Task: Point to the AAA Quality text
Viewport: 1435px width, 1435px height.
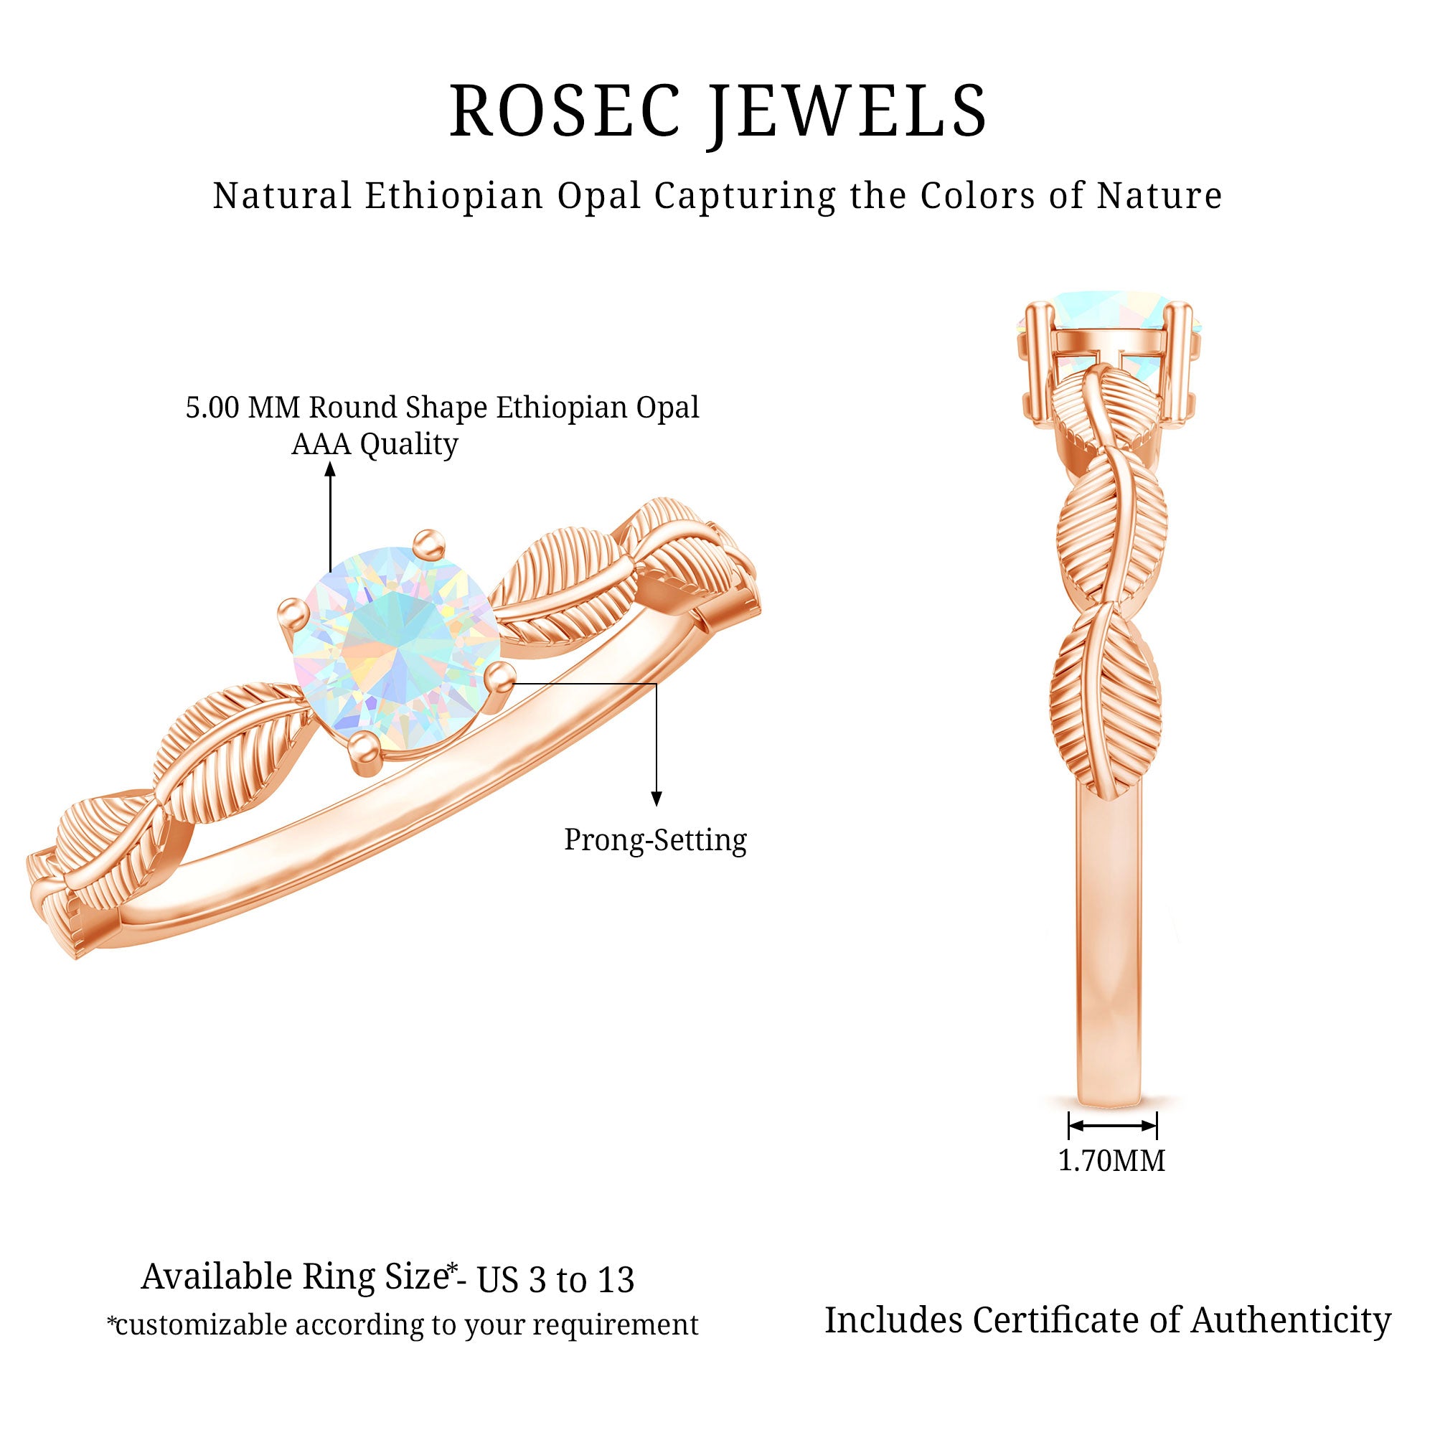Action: coord(375,444)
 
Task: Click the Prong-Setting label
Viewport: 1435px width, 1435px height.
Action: coord(655,840)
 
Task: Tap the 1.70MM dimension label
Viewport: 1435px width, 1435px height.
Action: coord(1111,1160)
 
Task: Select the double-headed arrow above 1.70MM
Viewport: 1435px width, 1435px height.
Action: coord(1112,1125)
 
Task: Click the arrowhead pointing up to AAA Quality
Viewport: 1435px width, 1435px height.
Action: coord(331,469)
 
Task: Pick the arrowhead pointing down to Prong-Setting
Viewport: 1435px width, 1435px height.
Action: coord(656,799)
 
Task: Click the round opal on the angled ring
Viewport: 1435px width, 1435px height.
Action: coord(396,651)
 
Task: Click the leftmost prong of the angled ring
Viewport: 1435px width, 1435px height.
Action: coord(291,612)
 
